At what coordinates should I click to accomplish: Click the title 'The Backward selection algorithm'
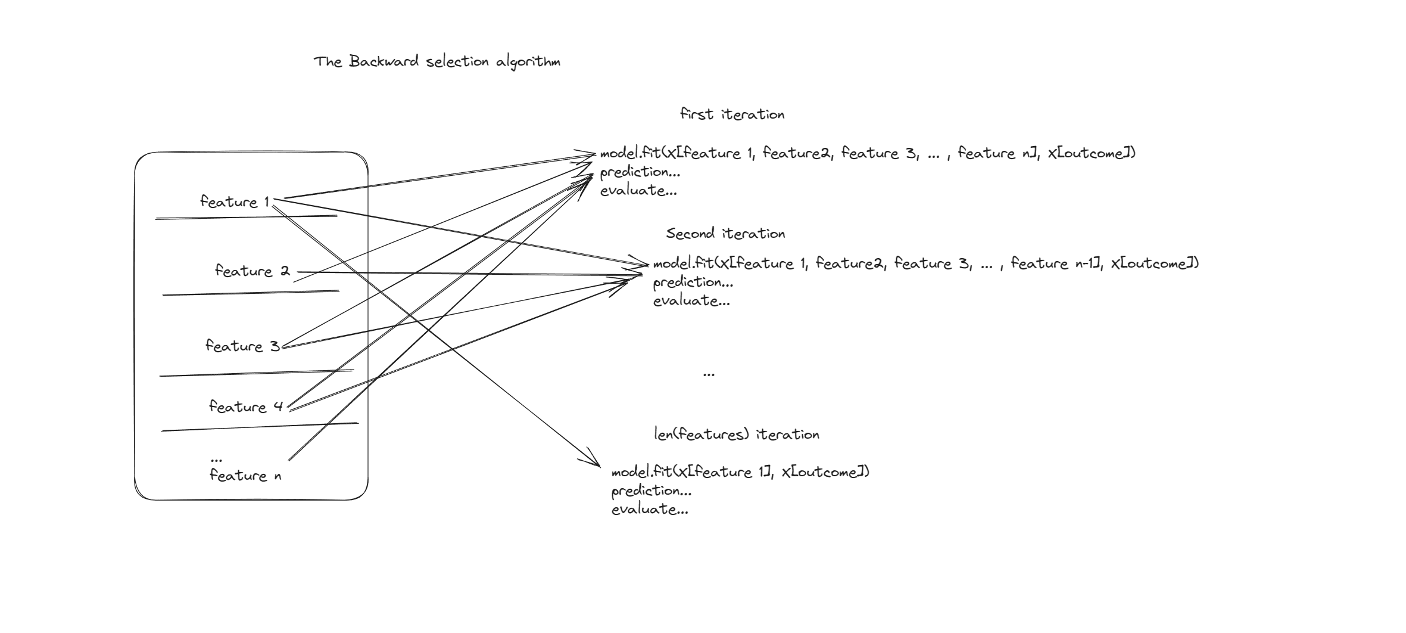tap(437, 62)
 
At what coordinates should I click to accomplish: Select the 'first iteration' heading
tap(732, 114)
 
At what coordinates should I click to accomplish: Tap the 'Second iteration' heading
tap(725, 234)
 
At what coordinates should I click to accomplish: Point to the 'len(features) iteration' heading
tap(737, 435)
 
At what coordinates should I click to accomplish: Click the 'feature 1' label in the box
tap(235, 202)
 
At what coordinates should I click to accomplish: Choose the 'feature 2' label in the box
tap(252, 271)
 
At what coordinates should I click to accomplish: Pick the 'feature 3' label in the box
tap(242, 346)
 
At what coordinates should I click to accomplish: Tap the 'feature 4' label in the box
tap(246, 407)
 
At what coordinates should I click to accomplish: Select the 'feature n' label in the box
tap(245, 476)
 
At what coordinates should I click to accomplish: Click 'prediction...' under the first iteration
tap(640, 172)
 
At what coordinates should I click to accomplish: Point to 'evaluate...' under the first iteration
tap(638, 191)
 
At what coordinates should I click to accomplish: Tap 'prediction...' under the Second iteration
tap(693, 283)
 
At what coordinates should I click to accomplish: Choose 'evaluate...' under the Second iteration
tap(691, 301)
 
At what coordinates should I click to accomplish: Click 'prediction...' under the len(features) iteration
tap(651, 491)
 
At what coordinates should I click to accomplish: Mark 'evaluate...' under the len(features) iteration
tap(650, 510)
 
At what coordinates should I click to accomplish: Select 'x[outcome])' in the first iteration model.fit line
tap(1092, 153)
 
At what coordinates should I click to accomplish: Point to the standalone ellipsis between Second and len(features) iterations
tap(709, 374)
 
